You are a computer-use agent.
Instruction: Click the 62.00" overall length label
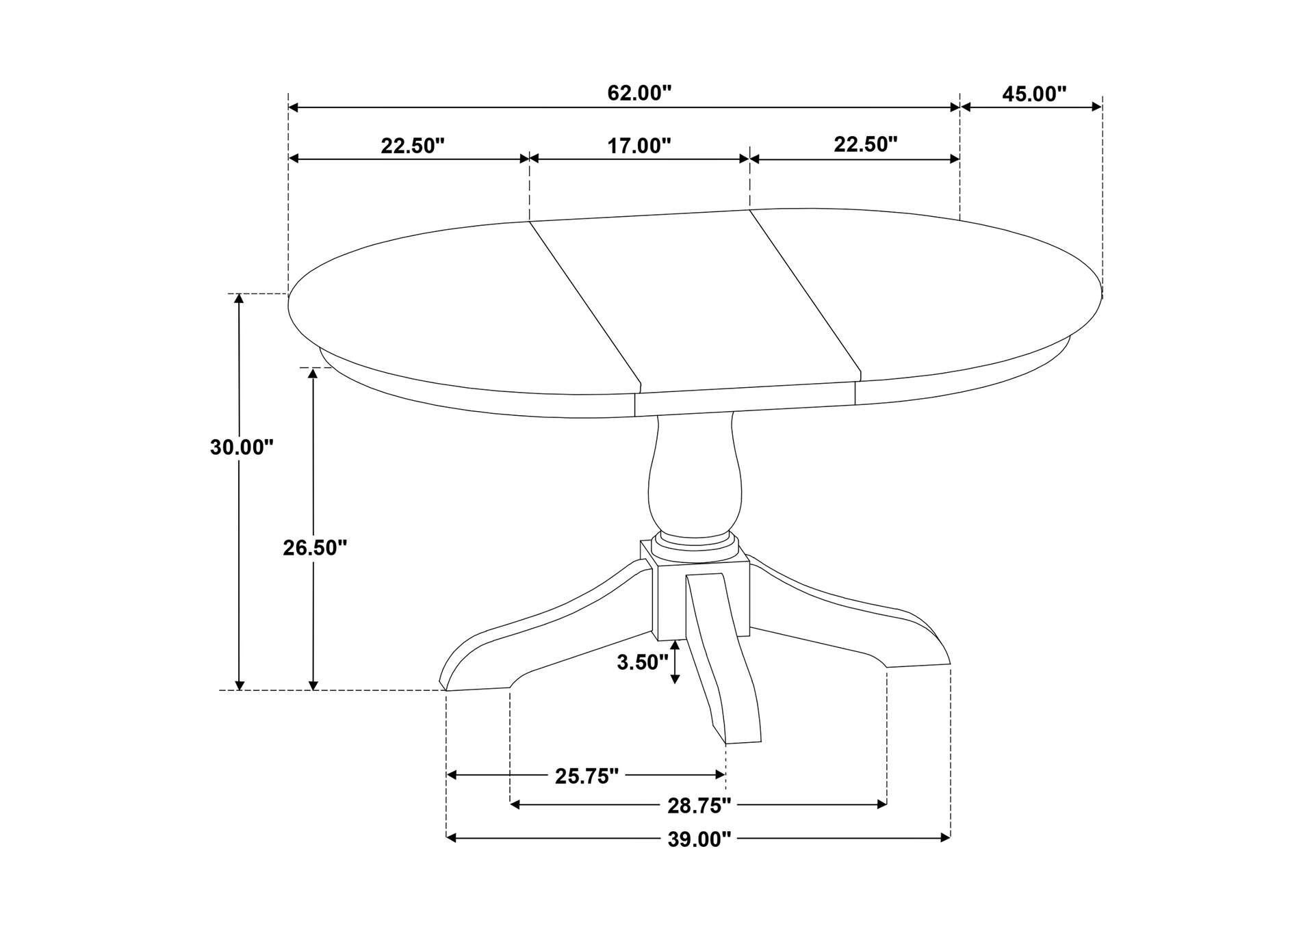(x=639, y=93)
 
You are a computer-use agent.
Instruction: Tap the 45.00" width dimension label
(x=1033, y=94)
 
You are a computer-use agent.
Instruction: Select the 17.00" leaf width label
(x=639, y=146)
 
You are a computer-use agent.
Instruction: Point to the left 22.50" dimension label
(x=413, y=146)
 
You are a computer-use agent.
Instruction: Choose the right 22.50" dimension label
(x=865, y=144)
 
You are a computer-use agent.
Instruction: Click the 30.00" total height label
(x=241, y=447)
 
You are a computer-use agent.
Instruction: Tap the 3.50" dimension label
(x=642, y=662)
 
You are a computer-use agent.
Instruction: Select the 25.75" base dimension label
(x=587, y=776)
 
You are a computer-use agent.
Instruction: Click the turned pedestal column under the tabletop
(x=694, y=479)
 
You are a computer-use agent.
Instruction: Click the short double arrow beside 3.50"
(x=675, y=662)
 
